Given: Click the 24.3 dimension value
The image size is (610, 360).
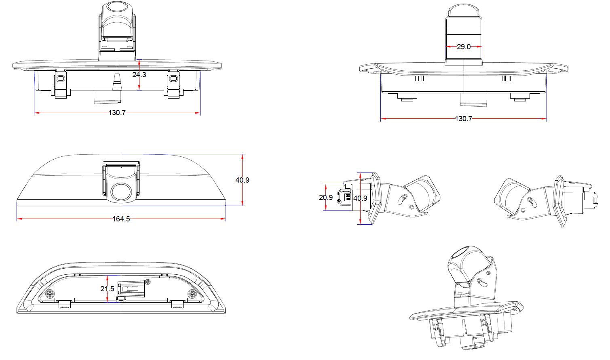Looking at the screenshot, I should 139,75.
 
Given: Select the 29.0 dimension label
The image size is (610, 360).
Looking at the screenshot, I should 464,47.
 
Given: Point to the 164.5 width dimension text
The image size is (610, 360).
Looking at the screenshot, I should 121,219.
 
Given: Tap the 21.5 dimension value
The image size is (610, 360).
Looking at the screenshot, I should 107,289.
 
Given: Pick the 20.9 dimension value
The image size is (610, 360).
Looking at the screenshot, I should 325,198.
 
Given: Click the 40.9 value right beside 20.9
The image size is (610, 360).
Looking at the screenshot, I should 360,198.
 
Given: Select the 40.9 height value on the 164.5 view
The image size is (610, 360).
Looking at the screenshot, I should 242,180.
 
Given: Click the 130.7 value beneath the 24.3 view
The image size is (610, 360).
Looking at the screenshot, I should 117,113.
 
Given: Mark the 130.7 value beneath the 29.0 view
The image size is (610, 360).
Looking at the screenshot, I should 463,119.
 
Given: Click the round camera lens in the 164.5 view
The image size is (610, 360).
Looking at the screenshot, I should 121,192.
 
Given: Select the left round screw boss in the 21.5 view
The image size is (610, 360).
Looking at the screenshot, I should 50,294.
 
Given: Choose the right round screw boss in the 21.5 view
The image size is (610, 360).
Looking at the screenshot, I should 192,294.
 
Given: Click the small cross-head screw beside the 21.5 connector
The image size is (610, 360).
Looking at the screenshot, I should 148,282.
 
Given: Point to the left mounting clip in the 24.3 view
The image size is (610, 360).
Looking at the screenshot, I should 60,84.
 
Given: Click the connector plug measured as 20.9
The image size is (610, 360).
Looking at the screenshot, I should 344,197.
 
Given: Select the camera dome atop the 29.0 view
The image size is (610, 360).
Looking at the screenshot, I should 464,11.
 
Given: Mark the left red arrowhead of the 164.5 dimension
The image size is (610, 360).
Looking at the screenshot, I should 19,219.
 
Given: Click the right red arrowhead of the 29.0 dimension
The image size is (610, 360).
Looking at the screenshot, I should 480,47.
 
